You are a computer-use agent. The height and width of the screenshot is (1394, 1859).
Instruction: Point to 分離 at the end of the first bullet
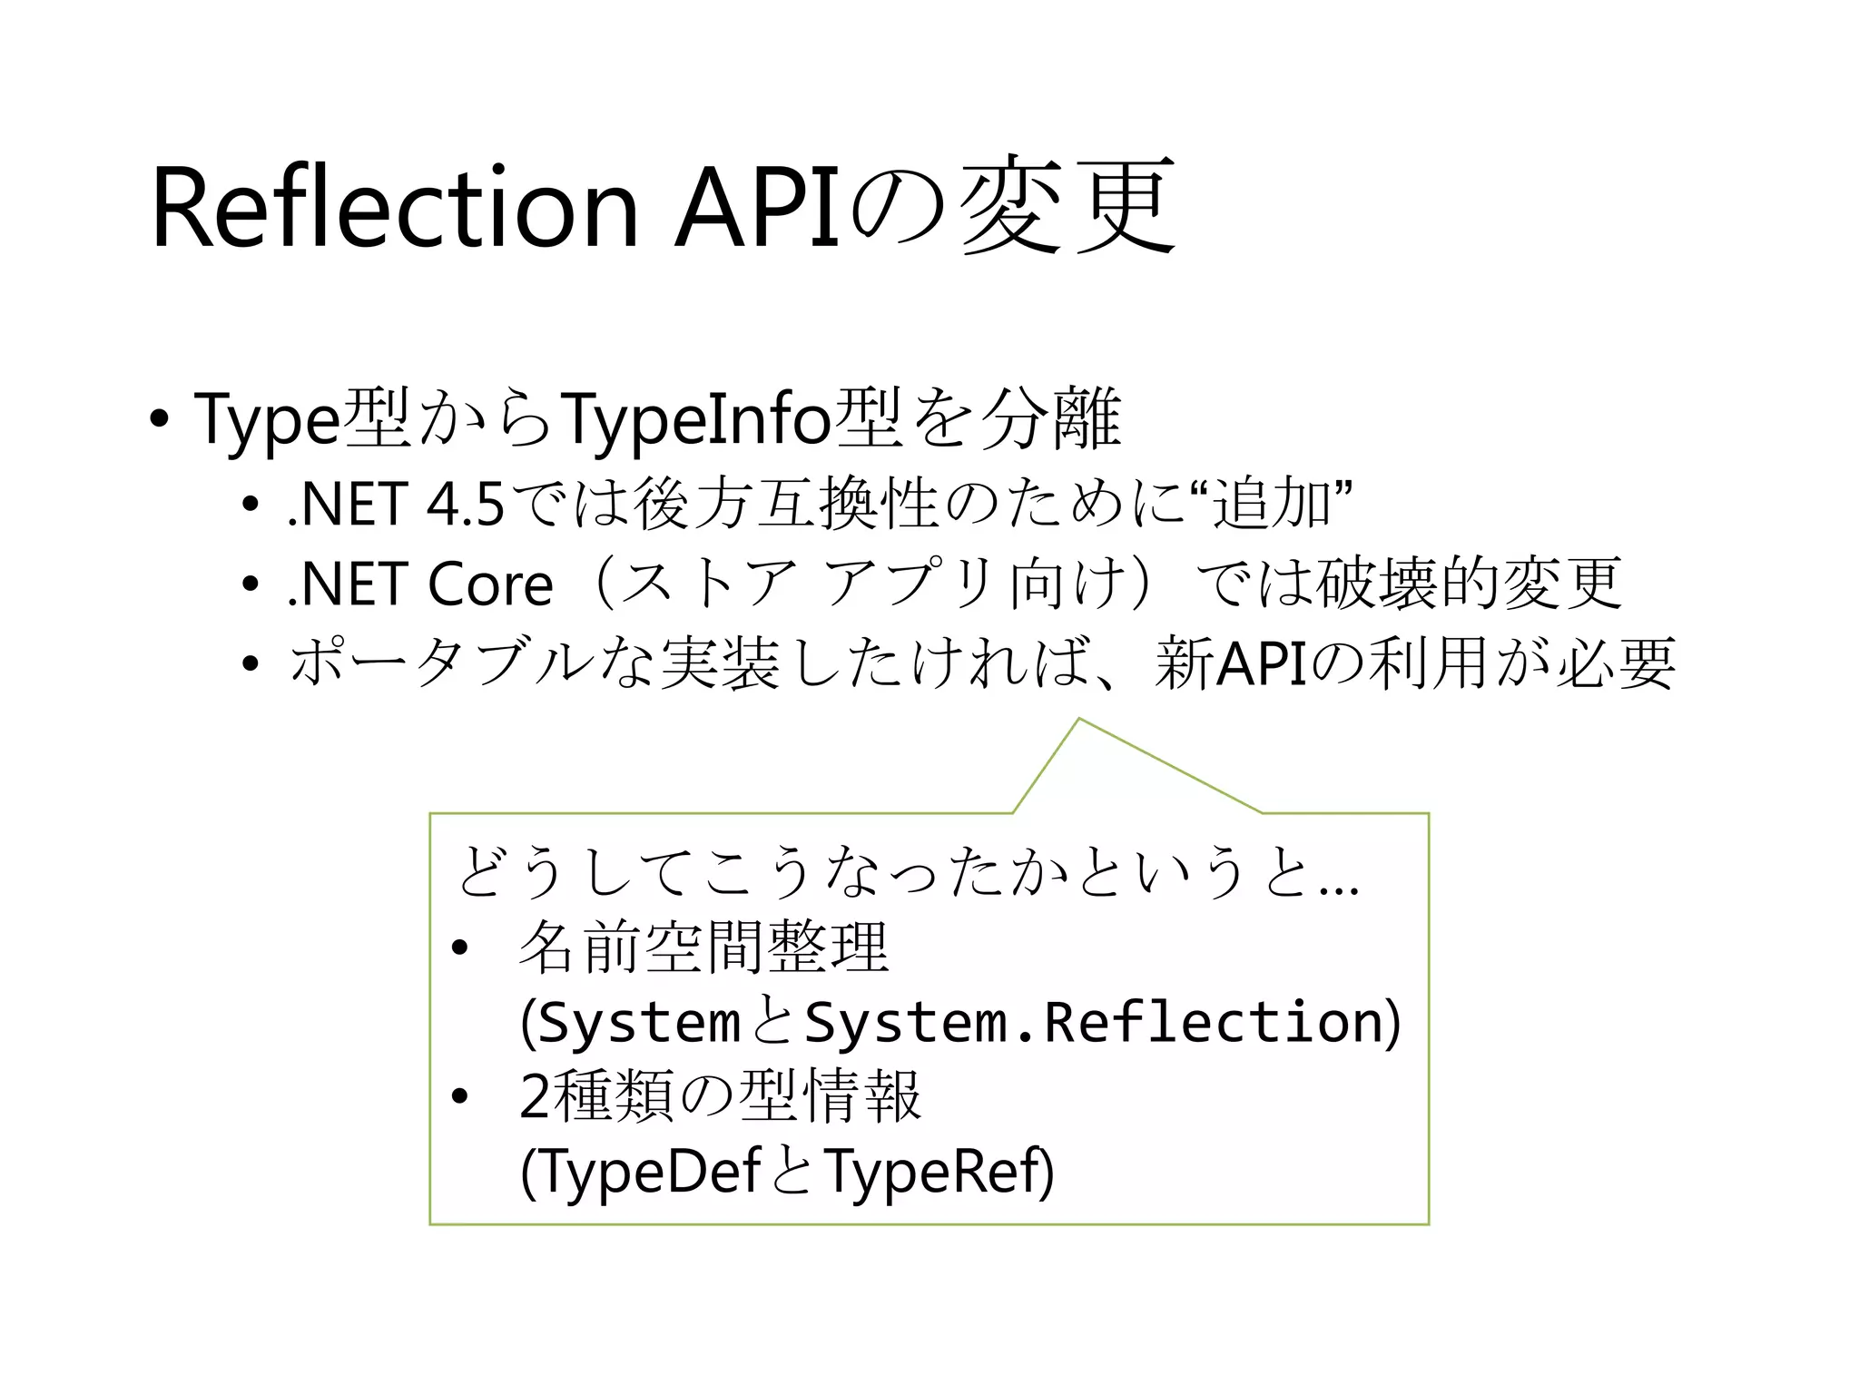(1054, 419)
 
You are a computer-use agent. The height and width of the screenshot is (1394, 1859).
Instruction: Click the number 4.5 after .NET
(465, 505)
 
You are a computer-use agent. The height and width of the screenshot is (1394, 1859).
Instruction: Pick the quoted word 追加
(1272, 504)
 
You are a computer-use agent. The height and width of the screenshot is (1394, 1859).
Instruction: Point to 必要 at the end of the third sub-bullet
(1616, 663)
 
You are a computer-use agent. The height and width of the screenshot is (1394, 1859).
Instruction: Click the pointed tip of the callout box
(1079, 720)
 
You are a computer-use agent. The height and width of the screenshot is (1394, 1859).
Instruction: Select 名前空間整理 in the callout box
(703, 947)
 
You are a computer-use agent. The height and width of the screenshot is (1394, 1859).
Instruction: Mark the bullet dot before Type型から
(160, 419)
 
